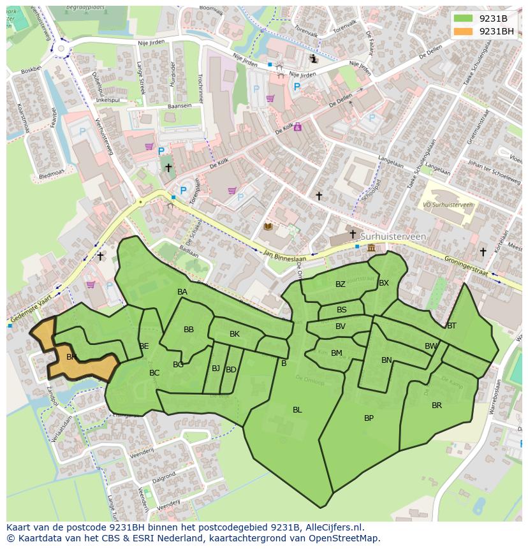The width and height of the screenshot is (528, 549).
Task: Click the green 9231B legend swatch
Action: coord(463,18)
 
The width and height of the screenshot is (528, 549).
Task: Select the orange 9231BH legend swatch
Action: coord(463,31)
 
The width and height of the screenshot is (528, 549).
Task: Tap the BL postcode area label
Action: coord(297,410)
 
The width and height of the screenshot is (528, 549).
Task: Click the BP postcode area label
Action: coord(369,418)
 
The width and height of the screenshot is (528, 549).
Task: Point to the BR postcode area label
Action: coord(437,406)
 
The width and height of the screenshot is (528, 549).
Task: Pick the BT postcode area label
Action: coord(451,326)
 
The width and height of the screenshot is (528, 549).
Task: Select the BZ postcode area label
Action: coord(340,284)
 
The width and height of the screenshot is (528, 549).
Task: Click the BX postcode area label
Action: coord(384,283)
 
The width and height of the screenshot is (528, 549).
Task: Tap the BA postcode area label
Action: coord(182,292)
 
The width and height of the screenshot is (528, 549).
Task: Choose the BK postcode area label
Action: coord(235,334)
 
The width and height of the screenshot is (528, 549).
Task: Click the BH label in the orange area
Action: coord(71,357)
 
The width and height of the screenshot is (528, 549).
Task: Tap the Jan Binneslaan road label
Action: coord(285,256)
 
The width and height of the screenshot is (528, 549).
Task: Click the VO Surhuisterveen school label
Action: coord(448,205)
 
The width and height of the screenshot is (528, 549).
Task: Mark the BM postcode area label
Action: coord(337,353)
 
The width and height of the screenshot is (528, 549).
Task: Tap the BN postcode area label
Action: coord(386,360)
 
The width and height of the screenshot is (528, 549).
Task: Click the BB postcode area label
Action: coord(189,330)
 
